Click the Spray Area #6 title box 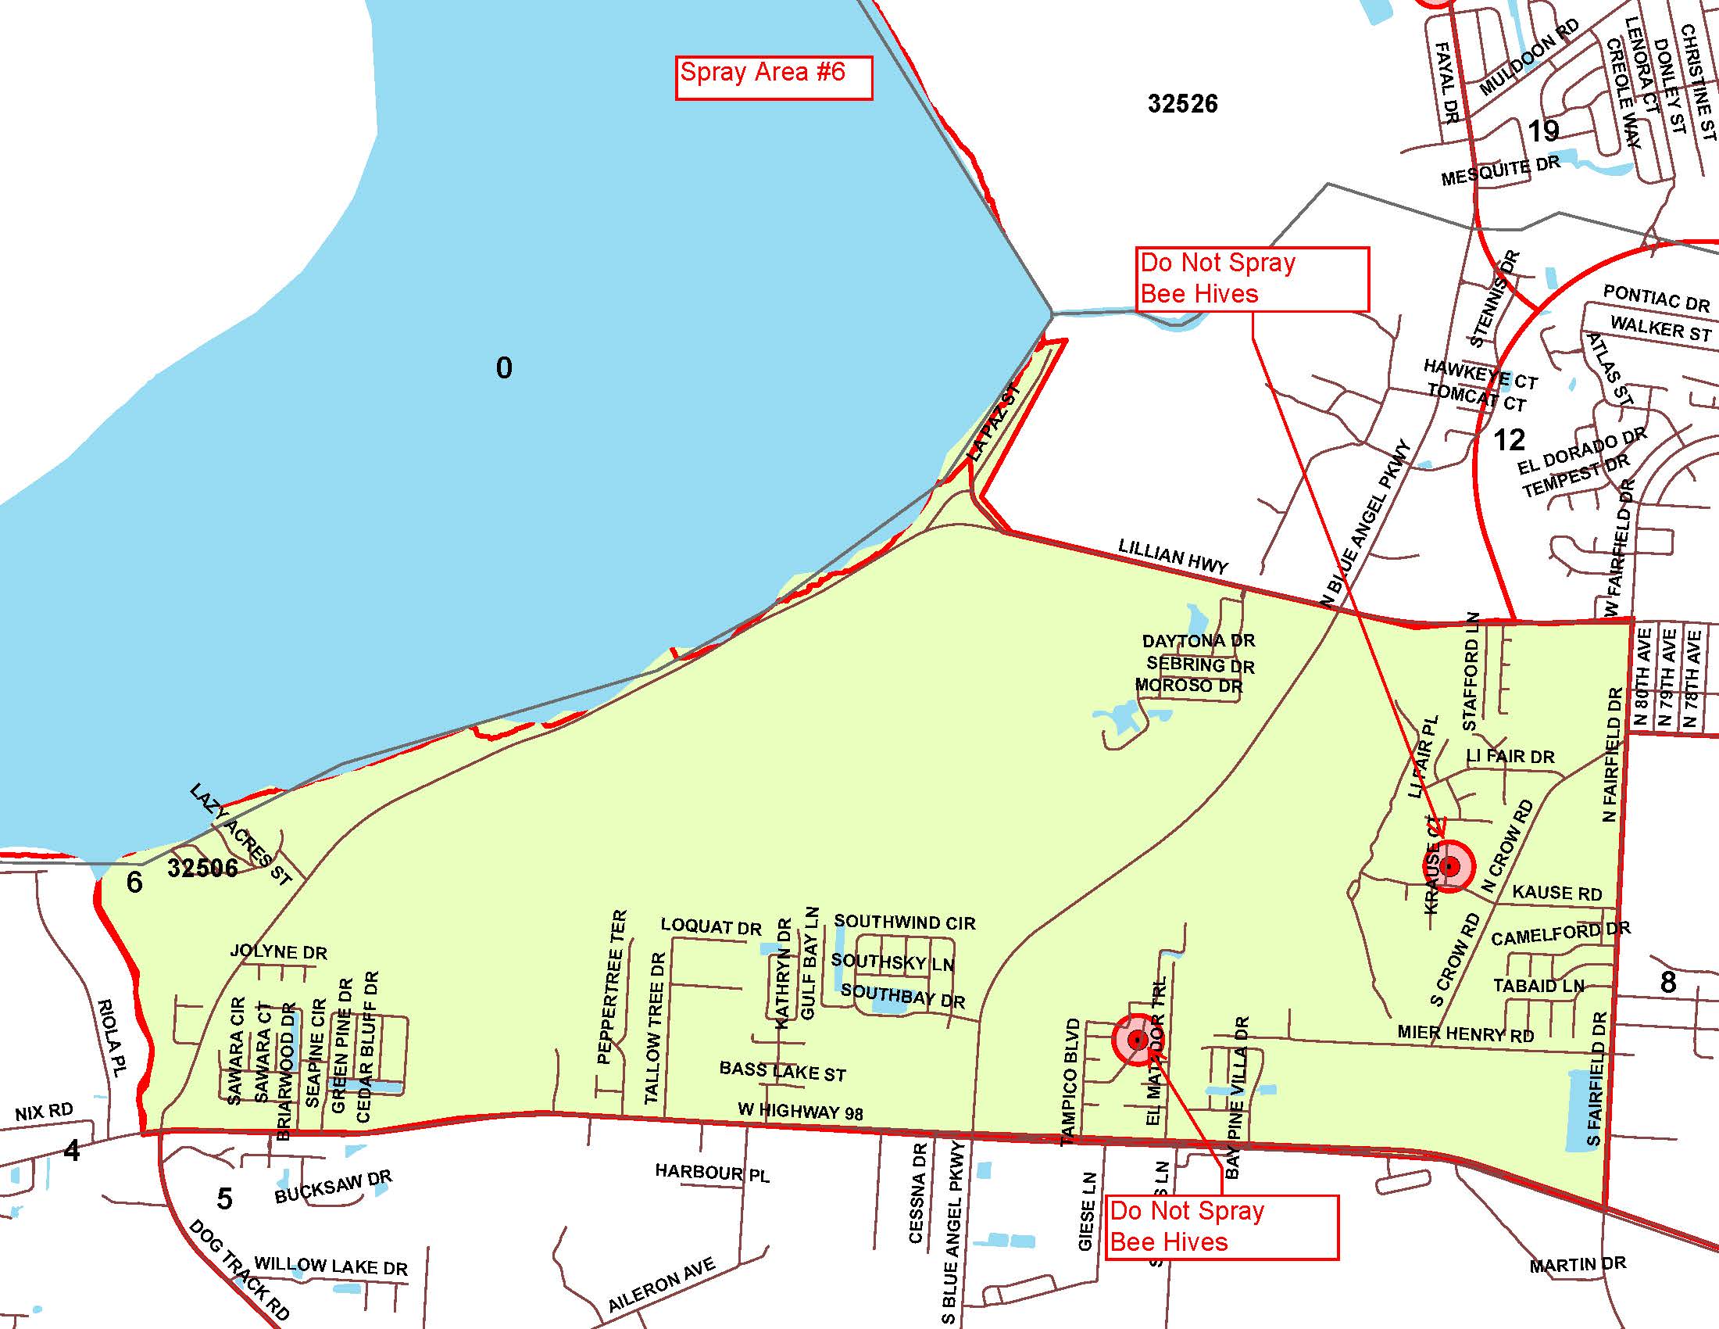point(773,77)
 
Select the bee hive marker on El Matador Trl point(1137,1041)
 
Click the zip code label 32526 point(1182,104)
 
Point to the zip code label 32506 point(202,869)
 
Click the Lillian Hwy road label point(1173,557)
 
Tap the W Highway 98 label point(799,1111)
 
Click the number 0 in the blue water point(504,367)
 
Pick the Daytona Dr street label point(1198,641)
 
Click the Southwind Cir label point(904,922)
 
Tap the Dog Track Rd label point(239,1270)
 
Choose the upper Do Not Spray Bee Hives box point(1252,279)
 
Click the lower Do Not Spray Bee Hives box point(1220,1227)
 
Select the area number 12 point(1509,440)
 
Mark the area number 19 point(1542,131)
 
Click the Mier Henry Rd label point(1466,1033)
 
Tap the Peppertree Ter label point(613,987)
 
